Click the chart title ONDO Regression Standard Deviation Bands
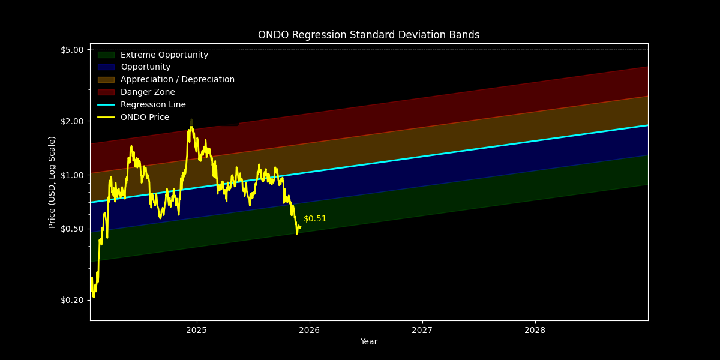(x=368, y=35)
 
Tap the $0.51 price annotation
(x=315, y=219)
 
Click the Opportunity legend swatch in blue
(x=106, y=67)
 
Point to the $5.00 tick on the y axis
(x=72, y=50)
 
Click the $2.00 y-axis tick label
(x=72, y=121)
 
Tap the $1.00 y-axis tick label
(x=72, y=175)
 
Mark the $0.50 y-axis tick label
(x=72, y=229)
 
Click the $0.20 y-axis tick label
(x=72, y=300)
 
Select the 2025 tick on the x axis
(x=196, y=330)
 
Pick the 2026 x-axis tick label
(x=309, y=330)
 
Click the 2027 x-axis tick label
(x=422, y=330)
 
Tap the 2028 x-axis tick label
(x=535, y=330)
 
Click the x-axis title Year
(x=368, y=342)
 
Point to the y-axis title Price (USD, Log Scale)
(x=52, y=182)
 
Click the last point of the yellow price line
(x=300, y=227)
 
